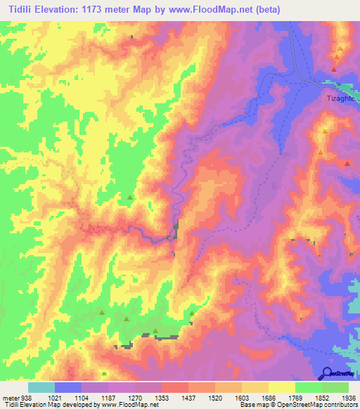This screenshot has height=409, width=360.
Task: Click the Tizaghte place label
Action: [340, 98]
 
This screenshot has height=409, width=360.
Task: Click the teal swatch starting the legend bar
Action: [41, 387]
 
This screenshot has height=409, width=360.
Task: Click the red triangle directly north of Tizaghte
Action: [335, 70]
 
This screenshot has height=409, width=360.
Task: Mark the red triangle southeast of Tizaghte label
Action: [347, 163]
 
